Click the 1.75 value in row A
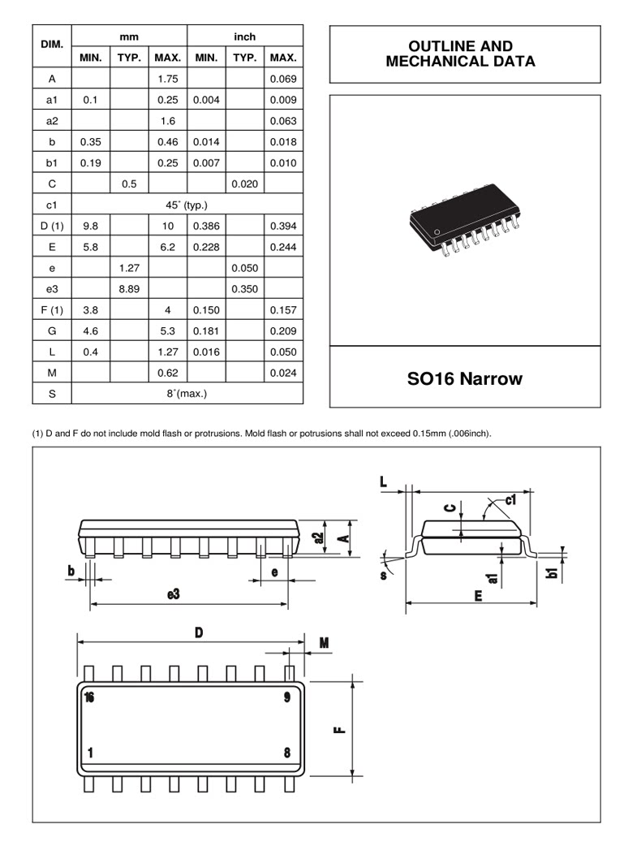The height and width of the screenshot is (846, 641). pos(168,79)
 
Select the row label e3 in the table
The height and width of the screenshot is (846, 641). pos(52,288)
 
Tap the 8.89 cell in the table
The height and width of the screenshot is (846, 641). pos(128,288)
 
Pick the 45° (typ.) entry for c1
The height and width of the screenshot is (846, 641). pos(187,205)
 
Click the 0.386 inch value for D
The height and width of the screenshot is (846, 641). pos(206,226)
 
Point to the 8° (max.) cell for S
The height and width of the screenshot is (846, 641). pos(187,394)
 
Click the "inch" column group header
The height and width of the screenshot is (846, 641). pos(244,37)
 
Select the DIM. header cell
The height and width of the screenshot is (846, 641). pos(52,47)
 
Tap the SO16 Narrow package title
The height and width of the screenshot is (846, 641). pos(464,378)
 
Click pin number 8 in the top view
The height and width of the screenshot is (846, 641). pos(287,753)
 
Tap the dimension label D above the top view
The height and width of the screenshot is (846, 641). pos(199,633)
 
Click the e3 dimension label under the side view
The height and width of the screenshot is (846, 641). pos(173,595)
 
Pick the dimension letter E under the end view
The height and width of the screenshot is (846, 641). pos(479,595)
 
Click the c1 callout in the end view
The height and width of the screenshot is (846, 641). pos(510,500)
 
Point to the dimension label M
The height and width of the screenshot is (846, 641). pos(324,643)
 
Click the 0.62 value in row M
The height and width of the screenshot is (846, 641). pos(168,373)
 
